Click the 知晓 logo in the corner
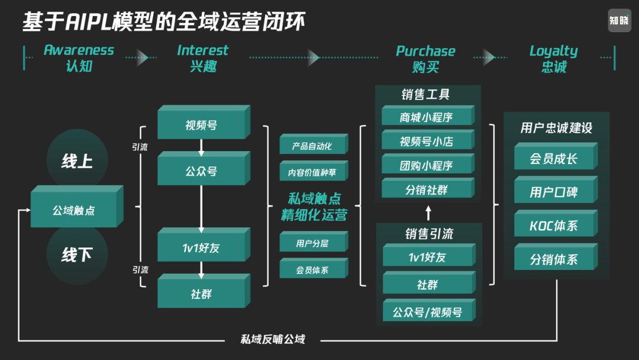coord(619,21)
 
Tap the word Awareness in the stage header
coord(79,50)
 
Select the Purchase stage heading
coord(425,51)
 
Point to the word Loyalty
coord(553,51)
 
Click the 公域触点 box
coord(74,210)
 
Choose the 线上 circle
coord(77,160)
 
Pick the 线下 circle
coord(77,255)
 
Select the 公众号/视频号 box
coord(427,312)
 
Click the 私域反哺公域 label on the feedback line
coord(272,339)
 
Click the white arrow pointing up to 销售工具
coord(428,213)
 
